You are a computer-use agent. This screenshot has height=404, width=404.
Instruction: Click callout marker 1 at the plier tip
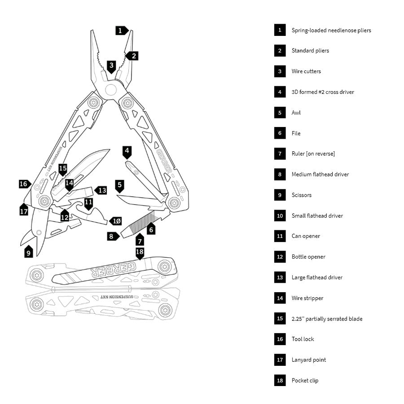(121, 31)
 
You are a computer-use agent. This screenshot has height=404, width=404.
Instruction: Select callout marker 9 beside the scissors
(29, 252)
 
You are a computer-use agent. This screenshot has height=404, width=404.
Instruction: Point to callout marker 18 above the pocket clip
(140, 252)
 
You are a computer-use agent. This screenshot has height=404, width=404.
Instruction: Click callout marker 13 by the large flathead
(102, 190)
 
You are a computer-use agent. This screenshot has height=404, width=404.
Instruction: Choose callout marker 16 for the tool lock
(24, 184)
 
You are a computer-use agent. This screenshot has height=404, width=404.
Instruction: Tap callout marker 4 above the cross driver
(127, 151)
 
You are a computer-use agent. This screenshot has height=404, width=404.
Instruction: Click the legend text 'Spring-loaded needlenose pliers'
(331, 30)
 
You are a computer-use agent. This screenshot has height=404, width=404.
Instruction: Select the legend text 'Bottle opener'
(308, 257)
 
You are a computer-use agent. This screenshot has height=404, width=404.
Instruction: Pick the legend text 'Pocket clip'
(305, 381)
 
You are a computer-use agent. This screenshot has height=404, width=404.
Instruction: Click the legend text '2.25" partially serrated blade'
(327, 319)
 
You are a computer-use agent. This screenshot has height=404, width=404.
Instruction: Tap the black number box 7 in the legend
(280, 154)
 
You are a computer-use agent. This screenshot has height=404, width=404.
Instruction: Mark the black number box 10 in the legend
(280, 215)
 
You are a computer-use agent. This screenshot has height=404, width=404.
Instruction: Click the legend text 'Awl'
(296, 113)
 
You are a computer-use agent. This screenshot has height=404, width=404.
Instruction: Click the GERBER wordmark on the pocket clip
(110, 268)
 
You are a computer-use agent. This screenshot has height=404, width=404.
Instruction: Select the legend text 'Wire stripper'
(307, 298)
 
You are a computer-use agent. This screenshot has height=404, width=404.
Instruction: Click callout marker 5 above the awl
(119, 184)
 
